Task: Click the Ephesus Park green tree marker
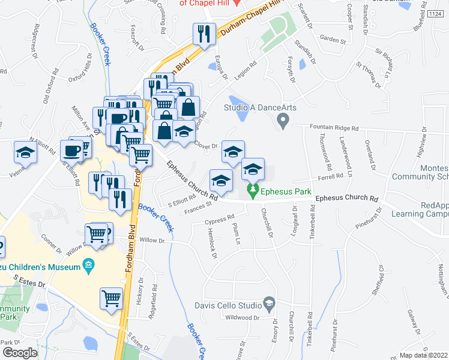[253, 192]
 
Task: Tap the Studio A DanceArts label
[261, 108]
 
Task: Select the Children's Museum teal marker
[88, 265]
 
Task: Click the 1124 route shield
[435, 13]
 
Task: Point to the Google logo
[20, 353]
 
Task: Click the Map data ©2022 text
[424, 355]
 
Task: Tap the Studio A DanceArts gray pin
[283, 122]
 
